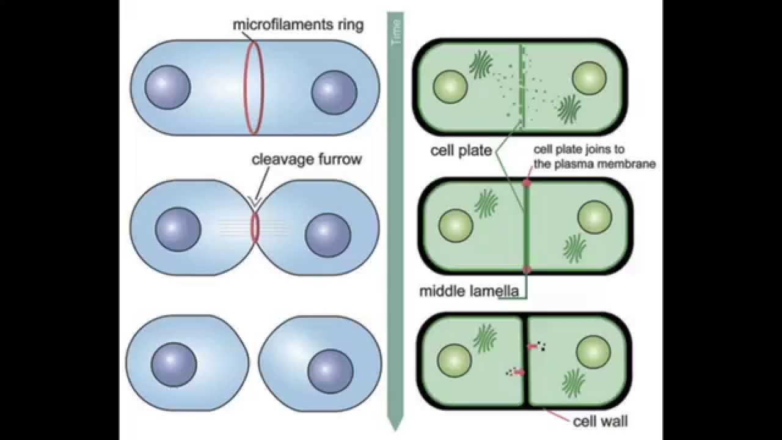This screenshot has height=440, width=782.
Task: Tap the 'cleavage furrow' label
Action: [x=307, y=160]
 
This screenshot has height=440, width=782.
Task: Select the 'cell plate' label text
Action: [x=461, y=150]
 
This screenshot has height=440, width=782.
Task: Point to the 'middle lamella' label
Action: [x=469, y=291]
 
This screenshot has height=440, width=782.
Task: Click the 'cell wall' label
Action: [x=600, y=421]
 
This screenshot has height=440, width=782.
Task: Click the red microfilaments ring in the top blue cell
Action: [x=255, y=87]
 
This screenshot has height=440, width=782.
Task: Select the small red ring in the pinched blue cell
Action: [x=255, y=227]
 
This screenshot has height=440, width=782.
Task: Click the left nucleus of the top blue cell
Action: [x=168, y=86]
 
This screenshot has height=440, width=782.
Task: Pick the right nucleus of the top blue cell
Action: [x=334, y=92]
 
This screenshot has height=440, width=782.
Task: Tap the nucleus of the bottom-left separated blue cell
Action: [x=174, y=364]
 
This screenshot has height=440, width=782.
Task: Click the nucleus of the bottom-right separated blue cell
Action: [x=331, y=372]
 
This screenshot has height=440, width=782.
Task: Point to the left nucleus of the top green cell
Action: [x=450, y=86]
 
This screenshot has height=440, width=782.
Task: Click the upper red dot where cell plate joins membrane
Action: [x=526, y=183]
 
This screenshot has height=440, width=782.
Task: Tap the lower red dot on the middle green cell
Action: [x=526, y=269]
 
